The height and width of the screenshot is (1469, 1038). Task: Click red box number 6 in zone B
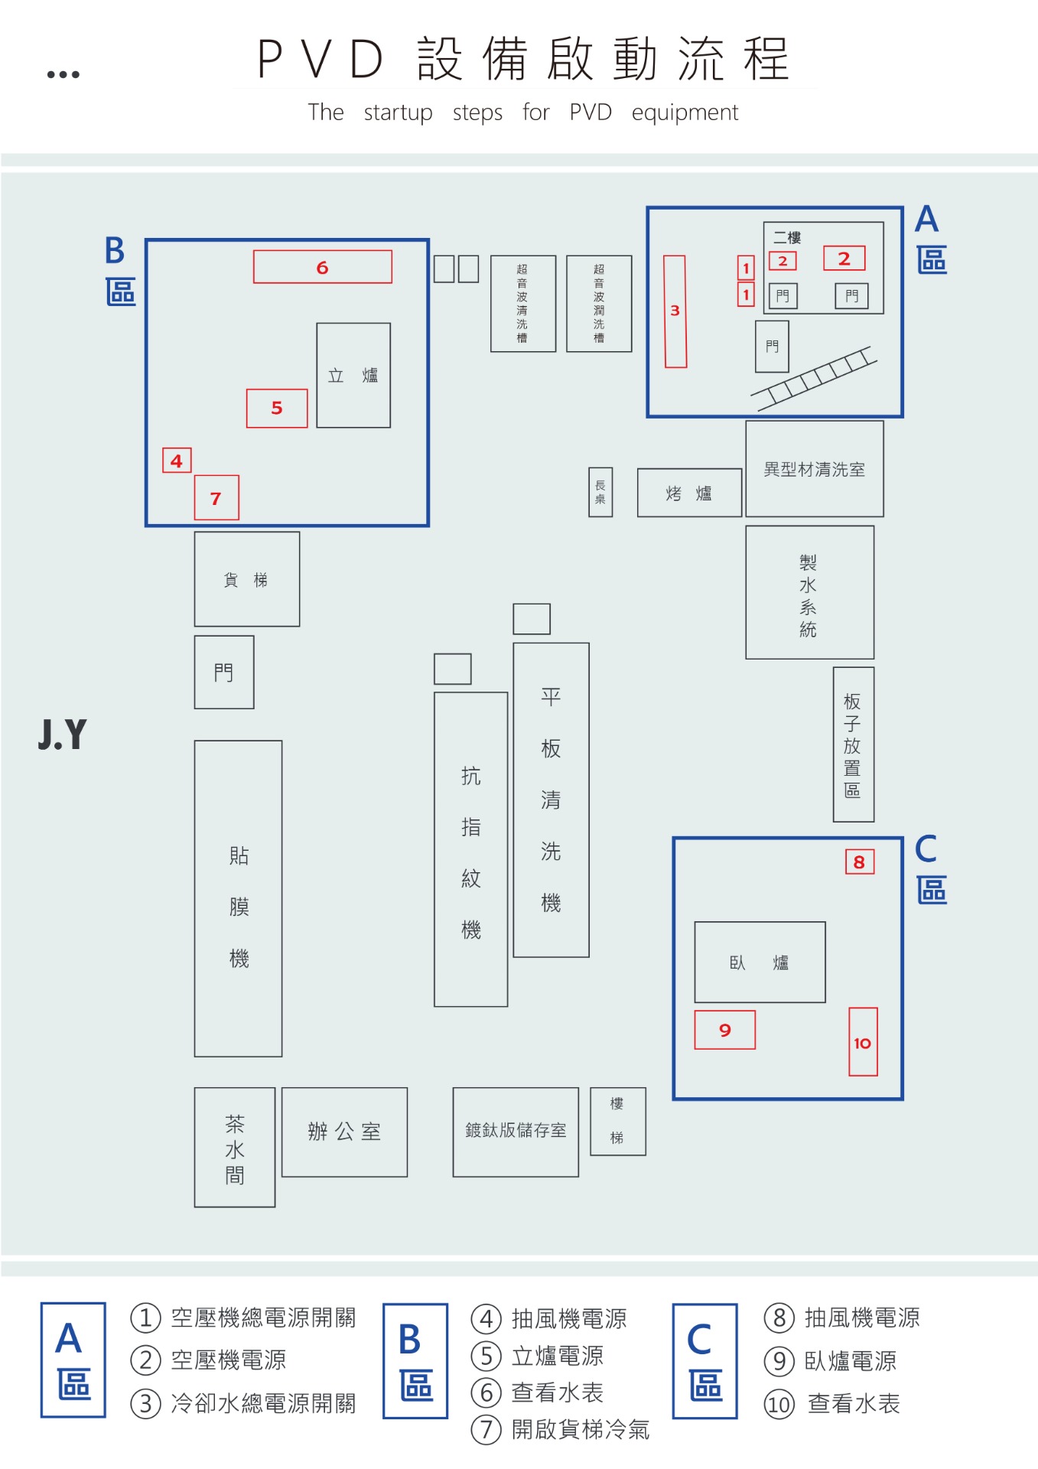coord(322,267)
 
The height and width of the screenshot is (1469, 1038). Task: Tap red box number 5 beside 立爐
coord(277,408)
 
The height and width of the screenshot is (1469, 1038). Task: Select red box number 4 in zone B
coord(177,461)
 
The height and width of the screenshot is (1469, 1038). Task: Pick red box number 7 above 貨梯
coord(216,498)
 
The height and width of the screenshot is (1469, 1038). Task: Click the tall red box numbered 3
coord(675,311)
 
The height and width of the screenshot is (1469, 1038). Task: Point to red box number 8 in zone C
coord(859,862)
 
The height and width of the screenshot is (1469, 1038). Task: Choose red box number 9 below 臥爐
coord(724,1030)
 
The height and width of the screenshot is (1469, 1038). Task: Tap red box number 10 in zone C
coord(863,1042)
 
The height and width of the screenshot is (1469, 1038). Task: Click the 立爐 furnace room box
coord(353,375)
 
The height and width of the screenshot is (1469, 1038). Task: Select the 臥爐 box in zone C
coord(760,962)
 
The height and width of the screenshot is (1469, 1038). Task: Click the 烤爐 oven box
coord(689,493)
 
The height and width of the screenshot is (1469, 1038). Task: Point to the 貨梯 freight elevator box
coord(246,579)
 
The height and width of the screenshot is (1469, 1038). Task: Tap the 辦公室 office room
coord(344,1132)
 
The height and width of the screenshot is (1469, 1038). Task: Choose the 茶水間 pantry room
coord(235,1148)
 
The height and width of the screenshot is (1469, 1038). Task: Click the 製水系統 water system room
coord(809,593)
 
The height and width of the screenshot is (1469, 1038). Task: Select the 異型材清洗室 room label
coord(815,469)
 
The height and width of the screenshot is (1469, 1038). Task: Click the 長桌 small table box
coord(600,492)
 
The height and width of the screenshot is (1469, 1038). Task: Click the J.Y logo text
coord(63,734)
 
